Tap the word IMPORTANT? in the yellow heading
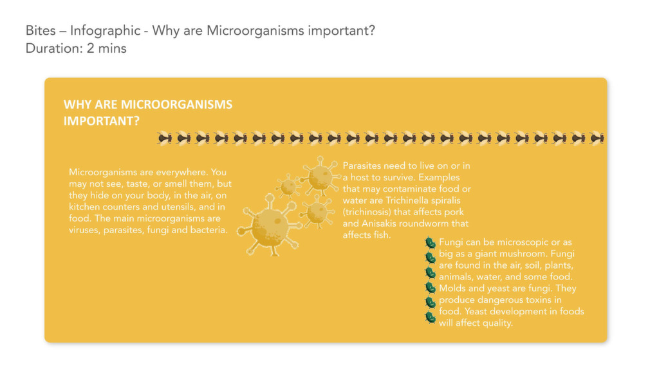click(x=101, y=121)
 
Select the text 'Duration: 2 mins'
click(x=76, y=48)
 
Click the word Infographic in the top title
click(x=105, y=31)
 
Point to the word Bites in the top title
click(x=41, y=31)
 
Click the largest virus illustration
click(x=270, y=225)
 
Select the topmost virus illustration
click(x=320, y=176)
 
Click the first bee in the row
click(x=164, y=138)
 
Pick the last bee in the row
click(x=597, y=138)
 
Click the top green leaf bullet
click(x=430, y=243)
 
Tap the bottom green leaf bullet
click(x=430, y=317)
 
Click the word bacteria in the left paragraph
click(x=209, y=230)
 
